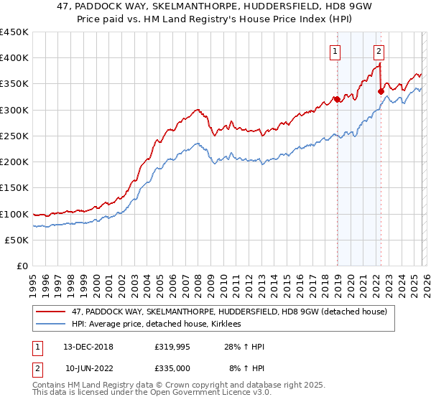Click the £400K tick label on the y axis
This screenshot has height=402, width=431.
click(x=14, y=58)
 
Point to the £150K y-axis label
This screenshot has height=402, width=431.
click(x=14, y=188)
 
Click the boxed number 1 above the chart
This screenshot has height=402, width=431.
click(x=335, y=51)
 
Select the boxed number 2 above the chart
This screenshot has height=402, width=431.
click(x=379, y=51)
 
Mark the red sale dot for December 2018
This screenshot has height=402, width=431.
click(x=337, y=100)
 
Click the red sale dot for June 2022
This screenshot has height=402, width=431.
click(x=381, y=91)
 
